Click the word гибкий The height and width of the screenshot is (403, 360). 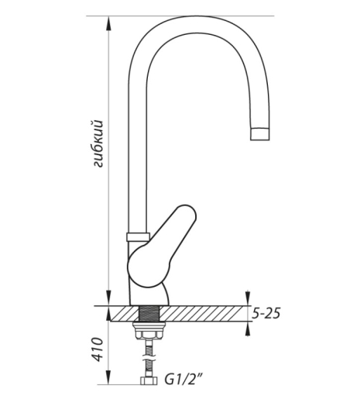pos(98,143)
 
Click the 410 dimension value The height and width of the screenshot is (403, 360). pos(98,350)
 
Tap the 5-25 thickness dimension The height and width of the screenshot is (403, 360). pos(266,313)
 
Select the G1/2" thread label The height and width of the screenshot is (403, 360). pos(183,380)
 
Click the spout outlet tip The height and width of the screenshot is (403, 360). pos(260,134)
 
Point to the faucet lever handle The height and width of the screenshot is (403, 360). pos(162,246)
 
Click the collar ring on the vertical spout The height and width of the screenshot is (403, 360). pos(138,236)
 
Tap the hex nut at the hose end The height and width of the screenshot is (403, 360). pos(149,381)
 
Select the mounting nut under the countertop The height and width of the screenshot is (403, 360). pos(149,330)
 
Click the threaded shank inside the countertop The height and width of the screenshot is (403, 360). pos(149,314)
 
